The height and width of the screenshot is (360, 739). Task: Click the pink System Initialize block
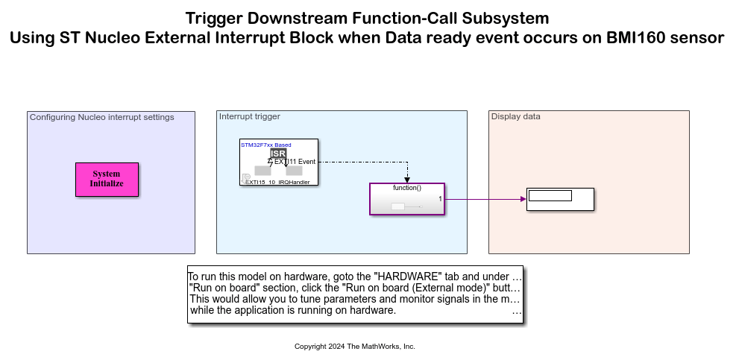pos(107,180)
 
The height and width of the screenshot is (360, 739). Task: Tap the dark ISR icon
pos(278,153)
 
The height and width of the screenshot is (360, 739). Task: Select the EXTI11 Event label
pos(295,162)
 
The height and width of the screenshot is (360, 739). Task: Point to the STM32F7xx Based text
pos(266,145)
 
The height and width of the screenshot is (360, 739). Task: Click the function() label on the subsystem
pos(407,188)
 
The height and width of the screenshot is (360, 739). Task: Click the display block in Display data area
pos(560,200)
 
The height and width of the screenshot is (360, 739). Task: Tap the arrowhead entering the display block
pos(523,199)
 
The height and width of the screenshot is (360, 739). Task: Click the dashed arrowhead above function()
pos(407,180)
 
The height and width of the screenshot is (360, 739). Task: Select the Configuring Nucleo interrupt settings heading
pos(101,117)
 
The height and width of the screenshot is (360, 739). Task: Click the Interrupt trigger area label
pos(250,116)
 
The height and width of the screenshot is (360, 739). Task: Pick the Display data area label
pos(516,116)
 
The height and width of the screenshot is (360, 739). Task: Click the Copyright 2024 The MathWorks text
pos(355,347)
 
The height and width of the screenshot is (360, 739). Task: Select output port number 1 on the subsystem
pos(440,199)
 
